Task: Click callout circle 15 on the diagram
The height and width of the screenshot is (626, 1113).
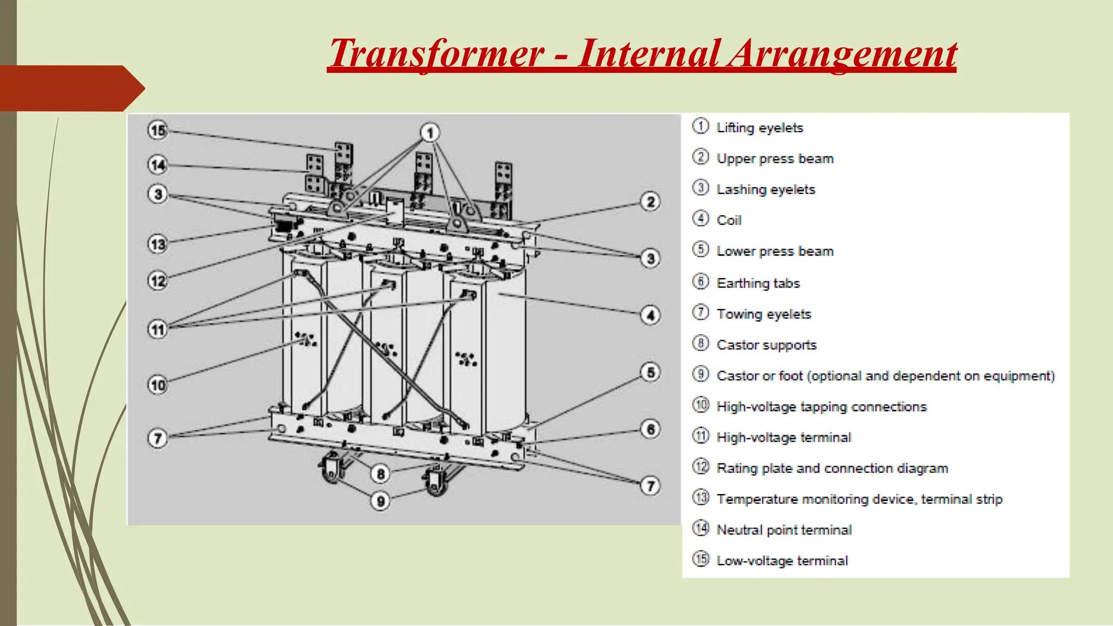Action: point(158,130)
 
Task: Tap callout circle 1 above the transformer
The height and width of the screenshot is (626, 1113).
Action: point(430,133)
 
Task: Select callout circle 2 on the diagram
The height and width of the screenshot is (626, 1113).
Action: point(651,202)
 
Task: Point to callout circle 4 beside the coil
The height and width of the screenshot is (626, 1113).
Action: point(651,315)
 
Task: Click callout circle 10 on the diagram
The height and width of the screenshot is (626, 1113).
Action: point(158,385)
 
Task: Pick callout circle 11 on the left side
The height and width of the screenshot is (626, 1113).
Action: point(158,329)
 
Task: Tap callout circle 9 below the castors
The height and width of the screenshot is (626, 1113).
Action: point(380,501)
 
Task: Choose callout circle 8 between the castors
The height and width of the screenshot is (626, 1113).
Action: point(380,474)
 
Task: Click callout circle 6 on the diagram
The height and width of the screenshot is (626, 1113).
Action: point(651,429)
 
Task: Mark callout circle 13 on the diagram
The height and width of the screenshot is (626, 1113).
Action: point(158,244)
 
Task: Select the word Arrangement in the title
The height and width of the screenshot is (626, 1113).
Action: point(841,54)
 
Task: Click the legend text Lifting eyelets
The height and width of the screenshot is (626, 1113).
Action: point(759,128)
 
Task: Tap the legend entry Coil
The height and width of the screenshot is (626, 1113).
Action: point(728,221)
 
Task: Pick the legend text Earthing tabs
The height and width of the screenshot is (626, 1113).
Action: point(758,283)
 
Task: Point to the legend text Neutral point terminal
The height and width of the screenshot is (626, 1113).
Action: point(784,530)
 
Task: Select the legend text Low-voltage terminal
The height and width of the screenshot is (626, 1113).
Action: point(781,561)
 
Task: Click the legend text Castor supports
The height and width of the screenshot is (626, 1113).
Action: point(766,345)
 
